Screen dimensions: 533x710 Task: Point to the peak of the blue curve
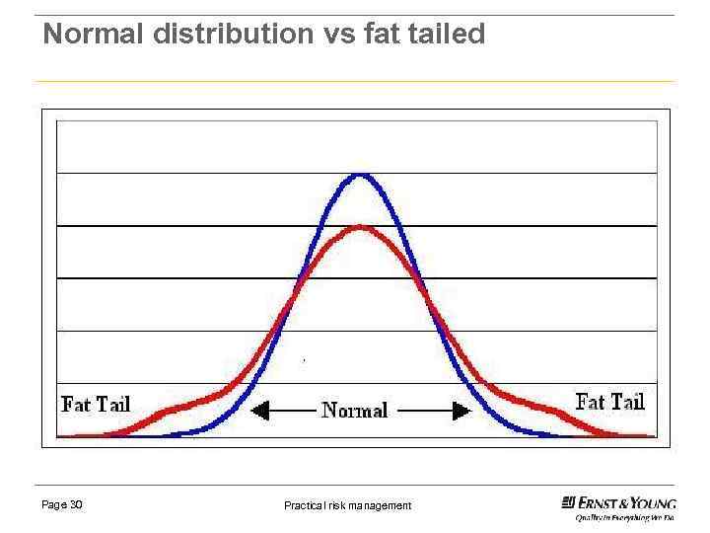click(x=362, y=175)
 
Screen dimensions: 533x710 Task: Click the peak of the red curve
click(x=361, y=227)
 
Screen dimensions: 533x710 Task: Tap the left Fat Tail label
click(x=96, y=404)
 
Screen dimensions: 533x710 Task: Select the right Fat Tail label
click(x=609, y=402)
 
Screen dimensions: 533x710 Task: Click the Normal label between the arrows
click(x=355, y=411)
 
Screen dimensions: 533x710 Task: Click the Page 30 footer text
click(x=62, y=504)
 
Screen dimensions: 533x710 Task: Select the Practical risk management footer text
click(x=347, y=505)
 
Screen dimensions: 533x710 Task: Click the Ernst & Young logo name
click(x=627, y=502)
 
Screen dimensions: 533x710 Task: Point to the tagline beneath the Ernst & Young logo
click(x=625, y=517)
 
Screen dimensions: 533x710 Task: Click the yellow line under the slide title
click(x=355, y=81)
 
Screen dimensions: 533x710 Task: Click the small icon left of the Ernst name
click(x=569, y=502)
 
